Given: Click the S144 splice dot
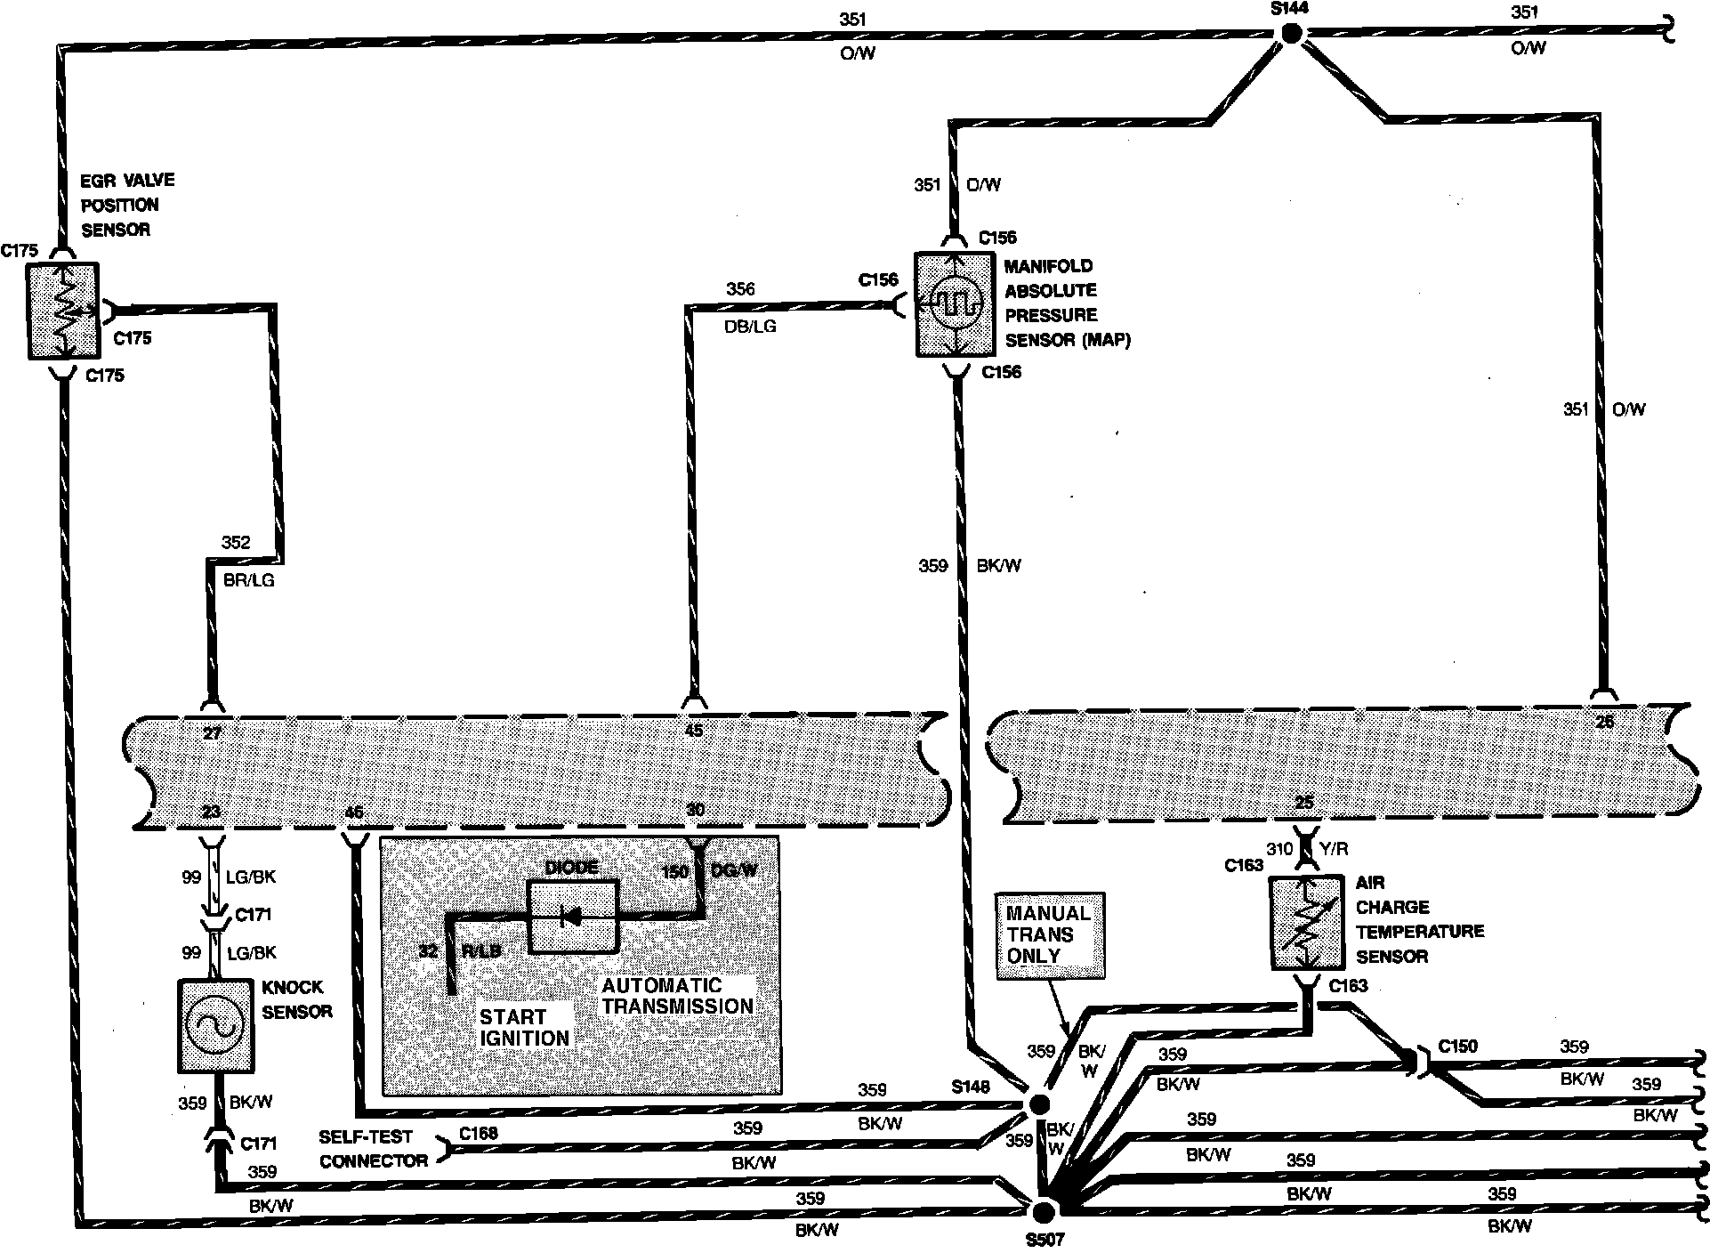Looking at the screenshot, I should (x=1290, y=34).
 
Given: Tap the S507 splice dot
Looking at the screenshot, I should (x=1043, y=1210).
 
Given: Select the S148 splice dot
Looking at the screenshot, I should (x=1037, y=1104).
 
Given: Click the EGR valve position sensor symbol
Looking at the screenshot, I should (x=62, y=311).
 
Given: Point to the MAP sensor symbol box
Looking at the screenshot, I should (x=954, y=304).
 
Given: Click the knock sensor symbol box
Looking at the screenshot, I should (x=215, y=1026).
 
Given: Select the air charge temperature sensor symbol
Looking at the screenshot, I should (x=1306, y=924).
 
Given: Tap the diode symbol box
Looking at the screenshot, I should (x=573, y=917).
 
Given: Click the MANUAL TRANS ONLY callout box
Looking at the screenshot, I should (x=1050, y=935).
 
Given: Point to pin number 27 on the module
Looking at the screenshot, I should (x=212, y=732).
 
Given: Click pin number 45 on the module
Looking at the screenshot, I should (x=694, y=731).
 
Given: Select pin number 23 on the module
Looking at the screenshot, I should (x=211, y=812).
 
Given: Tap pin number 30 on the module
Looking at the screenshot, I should (x=695, y=810).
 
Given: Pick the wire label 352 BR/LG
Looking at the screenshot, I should (x=246, y=562).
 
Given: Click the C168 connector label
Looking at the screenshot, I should (x=479, y=1133).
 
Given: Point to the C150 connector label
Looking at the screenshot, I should (x=1457, y=1046).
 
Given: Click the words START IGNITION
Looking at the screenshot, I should (x=524, y=1027).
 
